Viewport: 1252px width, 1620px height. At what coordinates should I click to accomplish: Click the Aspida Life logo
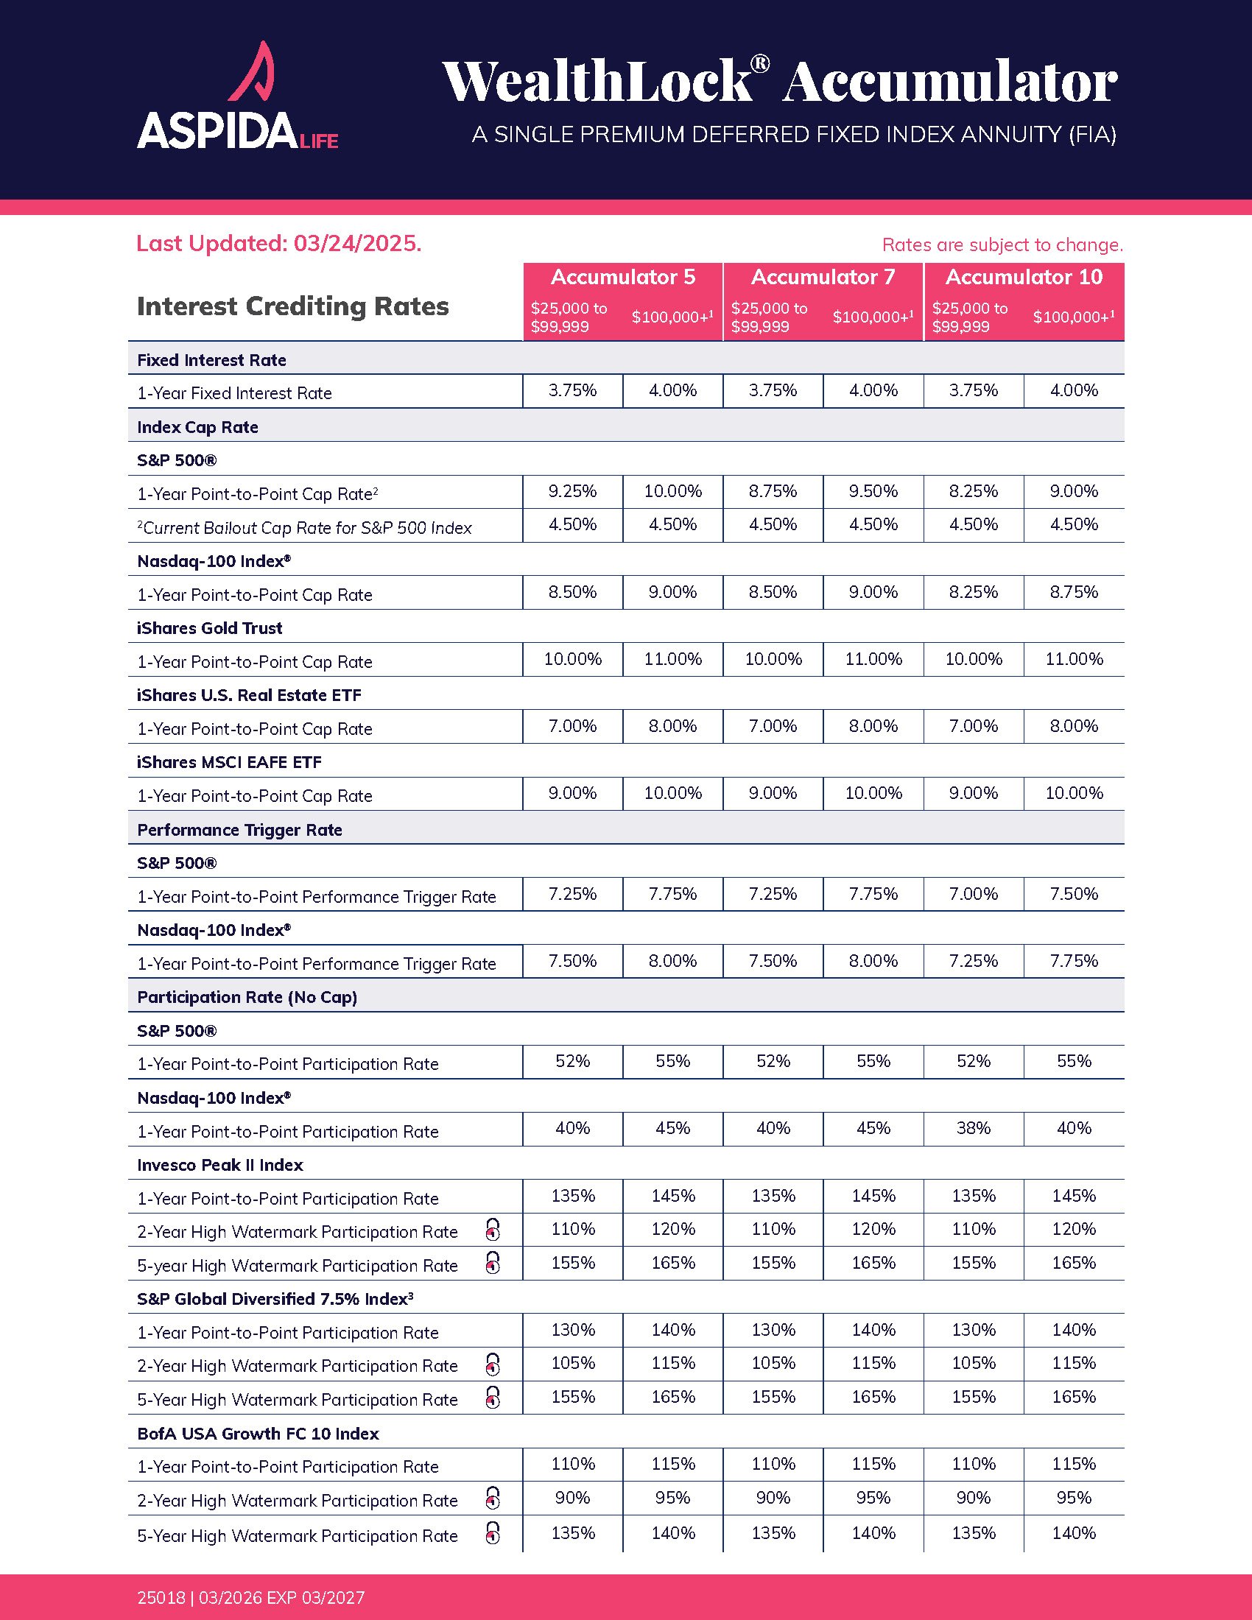pyautogui.click(x=237, y=96)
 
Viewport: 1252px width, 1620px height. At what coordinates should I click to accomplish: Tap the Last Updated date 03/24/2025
pyautogui.click(x=356, y=243)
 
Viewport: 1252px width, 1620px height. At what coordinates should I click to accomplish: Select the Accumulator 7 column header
pyautogui.click(x=823, y=278)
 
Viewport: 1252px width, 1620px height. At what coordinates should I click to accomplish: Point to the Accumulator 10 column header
pyautogui.click(x=1024, y=278)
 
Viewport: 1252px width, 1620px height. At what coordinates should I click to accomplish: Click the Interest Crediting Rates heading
pyautogui.click(x=293, y=306)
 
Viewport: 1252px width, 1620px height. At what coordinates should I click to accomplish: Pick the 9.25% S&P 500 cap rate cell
pyautogui.click(x=572, y=491)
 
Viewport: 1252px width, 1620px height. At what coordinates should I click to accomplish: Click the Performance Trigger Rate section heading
pyautogui.click(x=239, y=830)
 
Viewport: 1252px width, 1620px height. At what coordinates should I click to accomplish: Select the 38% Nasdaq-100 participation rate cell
pyautogui.click(x=973, y=1128)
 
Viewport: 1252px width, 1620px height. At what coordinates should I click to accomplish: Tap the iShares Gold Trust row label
pyautogui.click(x=210, y=628)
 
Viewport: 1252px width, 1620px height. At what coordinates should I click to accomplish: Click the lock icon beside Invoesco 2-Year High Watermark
pyautogui.click(x=493, y=1230)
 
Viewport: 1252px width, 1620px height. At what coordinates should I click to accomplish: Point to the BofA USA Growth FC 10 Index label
pyautogui.click(x=258, y=1434)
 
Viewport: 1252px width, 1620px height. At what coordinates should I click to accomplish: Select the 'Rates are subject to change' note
pyautogui.click(x=1002, y=244)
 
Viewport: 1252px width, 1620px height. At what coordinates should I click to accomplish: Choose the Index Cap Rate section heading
pyautogui.click(x=198, y=427)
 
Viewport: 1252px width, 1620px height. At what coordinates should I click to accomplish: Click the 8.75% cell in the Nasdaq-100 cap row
pyautogui.click(x=1073, y=592)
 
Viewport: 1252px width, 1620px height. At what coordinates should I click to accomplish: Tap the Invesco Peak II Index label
pyautogui.click(x=220, y=1166)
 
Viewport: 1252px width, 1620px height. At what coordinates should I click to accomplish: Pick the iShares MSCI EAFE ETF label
pyautogui.click(x=229, y=763)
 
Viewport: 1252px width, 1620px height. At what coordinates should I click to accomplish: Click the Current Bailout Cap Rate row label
pyautogui.click(x=306, y=528)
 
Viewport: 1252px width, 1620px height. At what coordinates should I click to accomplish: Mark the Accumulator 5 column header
pyautogui.click(x=623, y=278)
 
